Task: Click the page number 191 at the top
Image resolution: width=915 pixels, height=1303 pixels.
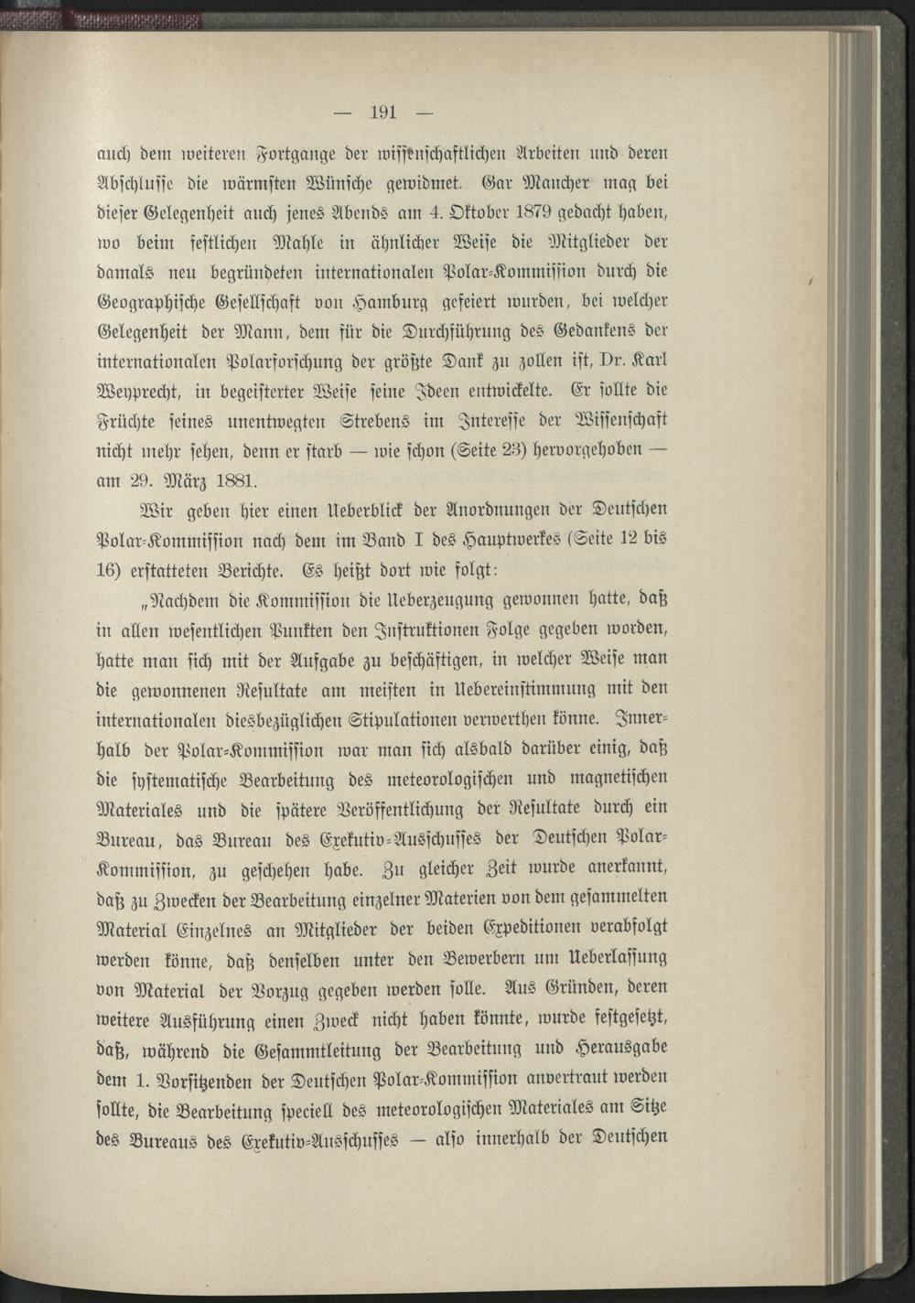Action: tap(382, 114)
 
